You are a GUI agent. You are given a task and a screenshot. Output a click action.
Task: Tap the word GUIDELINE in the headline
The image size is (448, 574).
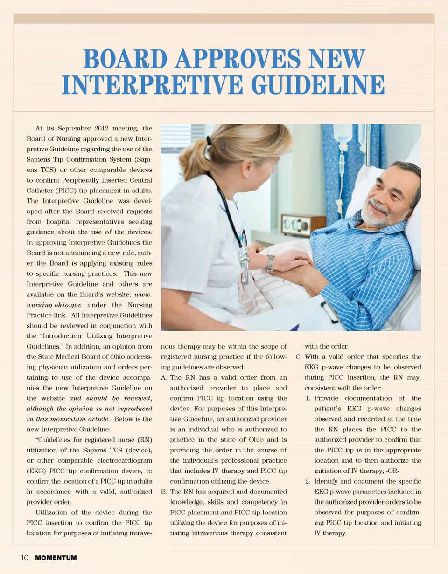coord(318,85)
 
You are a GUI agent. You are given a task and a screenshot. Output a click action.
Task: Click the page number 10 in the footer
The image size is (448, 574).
coord(24,558)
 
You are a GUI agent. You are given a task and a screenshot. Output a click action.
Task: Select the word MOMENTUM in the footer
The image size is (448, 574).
coord(56,558)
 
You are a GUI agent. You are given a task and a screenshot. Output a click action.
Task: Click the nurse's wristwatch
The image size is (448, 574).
coord(270,263)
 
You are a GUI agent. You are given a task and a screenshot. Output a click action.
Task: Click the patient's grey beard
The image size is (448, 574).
coord(378,215)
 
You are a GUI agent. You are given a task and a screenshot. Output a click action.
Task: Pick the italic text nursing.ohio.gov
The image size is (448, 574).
coord(49,305)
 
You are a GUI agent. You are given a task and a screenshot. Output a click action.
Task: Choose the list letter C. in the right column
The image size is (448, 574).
coord(299,357)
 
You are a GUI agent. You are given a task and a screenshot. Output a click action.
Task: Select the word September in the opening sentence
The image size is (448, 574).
coord(72,128)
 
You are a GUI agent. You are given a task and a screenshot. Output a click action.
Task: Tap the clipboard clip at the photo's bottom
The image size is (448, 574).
coord(330,312)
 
